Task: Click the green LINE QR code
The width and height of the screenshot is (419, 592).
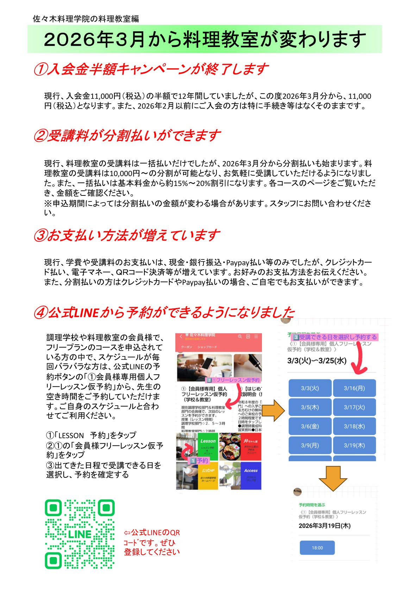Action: tap(80, 534)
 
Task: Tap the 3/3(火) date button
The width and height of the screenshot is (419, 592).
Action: tap(310, 388)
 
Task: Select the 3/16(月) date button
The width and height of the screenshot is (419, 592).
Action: tap(354, 388)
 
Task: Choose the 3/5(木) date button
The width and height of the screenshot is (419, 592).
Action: tap(310, 407)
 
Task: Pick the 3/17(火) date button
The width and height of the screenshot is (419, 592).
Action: tap(354, 407)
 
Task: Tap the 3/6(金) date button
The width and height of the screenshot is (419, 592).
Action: tap(310, 426)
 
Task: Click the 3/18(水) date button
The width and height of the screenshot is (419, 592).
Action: tap(354, 426)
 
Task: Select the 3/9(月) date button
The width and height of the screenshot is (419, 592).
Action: tap(310, 445)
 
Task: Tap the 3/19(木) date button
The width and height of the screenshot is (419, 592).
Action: tap(354, 445)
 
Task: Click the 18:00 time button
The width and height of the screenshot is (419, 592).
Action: tap(317, 548)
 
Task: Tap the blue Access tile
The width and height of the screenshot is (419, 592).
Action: tap(251, 476)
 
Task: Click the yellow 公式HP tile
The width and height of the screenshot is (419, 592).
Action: tap(208, 476)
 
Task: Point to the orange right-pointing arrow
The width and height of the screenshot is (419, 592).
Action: tap(274, 410)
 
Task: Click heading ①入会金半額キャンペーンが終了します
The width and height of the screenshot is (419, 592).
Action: tap(151, 69)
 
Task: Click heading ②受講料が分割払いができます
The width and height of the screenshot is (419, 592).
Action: tap(127, 136)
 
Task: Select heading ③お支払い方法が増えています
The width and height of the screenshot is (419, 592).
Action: tap(127, 235)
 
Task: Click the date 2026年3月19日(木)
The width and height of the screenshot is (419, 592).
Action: tap(324, 526)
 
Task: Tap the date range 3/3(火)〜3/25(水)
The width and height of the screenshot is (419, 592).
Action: tap(317, 361)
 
